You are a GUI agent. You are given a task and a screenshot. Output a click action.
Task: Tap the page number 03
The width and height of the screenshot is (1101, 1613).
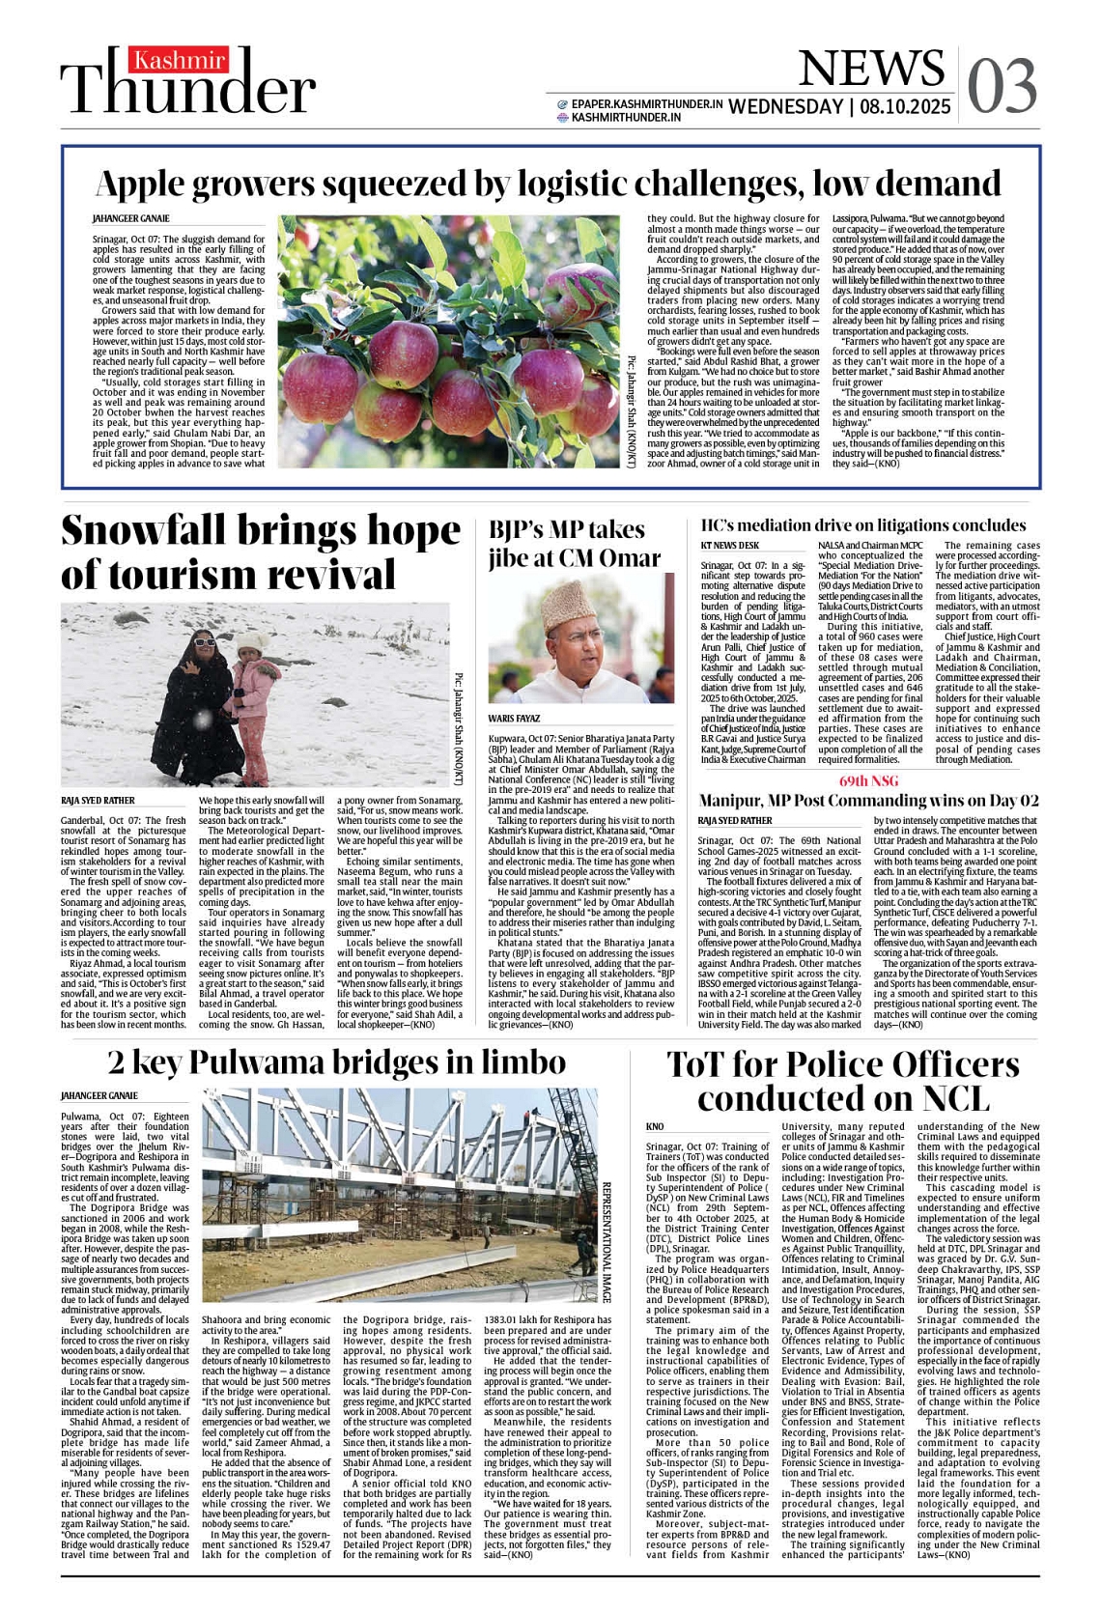pyautogui.click(x=1002, y=85)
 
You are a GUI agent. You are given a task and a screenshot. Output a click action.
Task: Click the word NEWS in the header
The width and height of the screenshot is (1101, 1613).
pyautogui.click(x=871, y=68)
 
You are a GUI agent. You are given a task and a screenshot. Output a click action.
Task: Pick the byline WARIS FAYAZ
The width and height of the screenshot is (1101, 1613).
pyautogui.click(x=514, y=719)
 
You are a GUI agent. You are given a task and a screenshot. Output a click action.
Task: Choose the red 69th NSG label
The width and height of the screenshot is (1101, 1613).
pyautogui.click(x=868, y=780)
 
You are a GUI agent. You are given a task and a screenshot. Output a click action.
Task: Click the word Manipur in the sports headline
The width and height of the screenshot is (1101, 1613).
pyautogui.click(x=738, y=801)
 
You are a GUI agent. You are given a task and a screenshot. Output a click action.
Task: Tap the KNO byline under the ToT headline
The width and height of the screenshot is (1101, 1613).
pyautogui.click(x=655, y=1127)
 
